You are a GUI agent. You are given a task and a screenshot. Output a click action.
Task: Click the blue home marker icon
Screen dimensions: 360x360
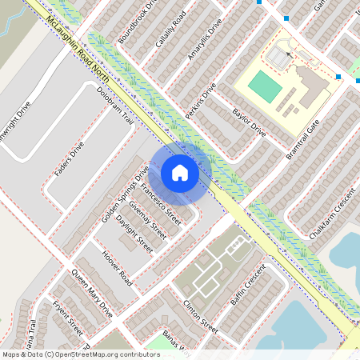click(x=180, y=173)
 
